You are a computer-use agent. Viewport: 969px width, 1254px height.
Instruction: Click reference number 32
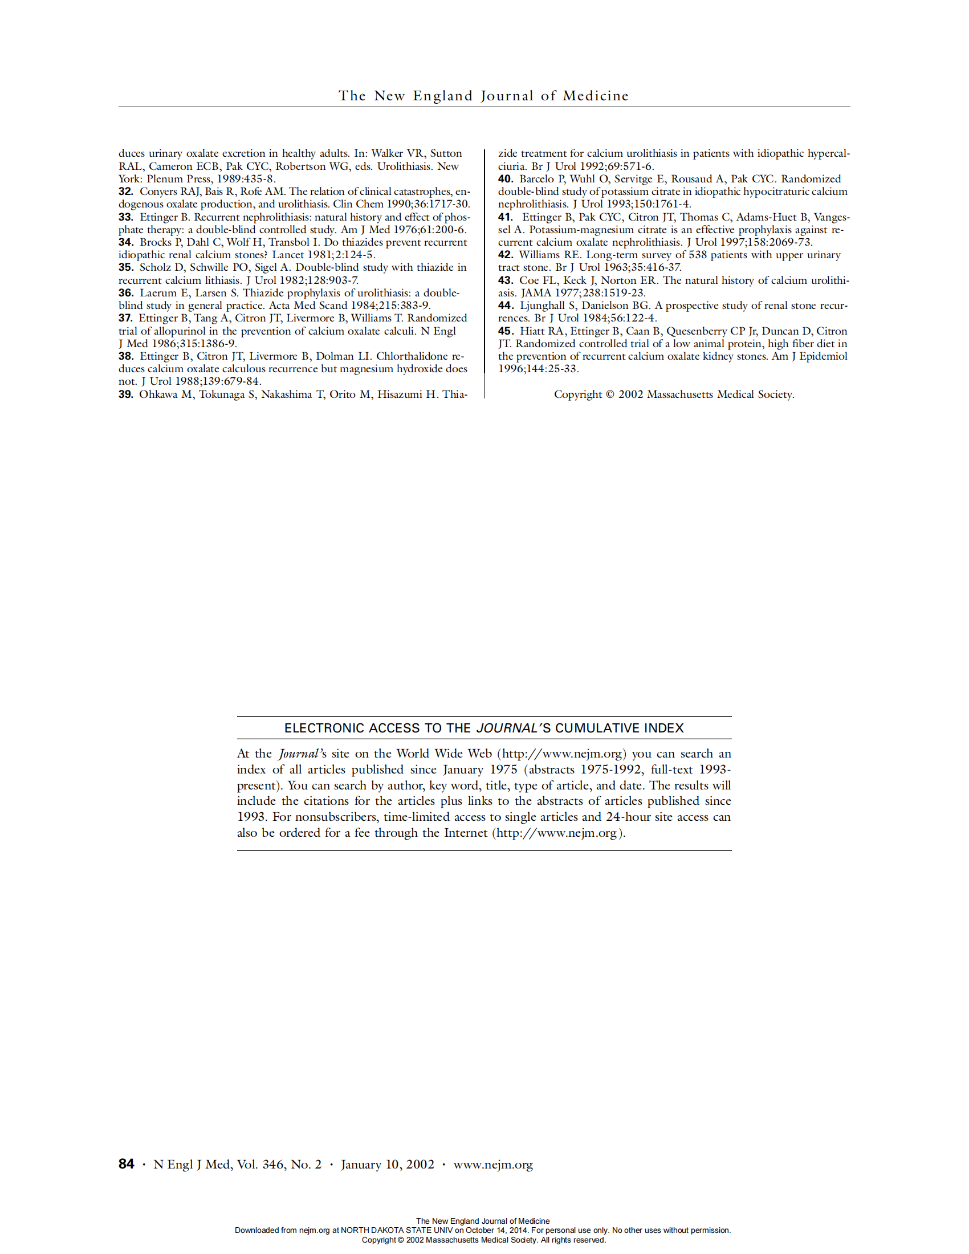(x=126, y=192)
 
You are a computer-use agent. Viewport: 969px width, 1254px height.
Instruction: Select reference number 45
(x=505, y=331)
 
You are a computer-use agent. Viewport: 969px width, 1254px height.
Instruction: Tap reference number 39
(x=126, y=394)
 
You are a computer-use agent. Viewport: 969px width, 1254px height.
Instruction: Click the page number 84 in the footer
(x=127, y=1164)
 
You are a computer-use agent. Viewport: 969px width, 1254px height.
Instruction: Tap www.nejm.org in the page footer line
(x=492, y=1165)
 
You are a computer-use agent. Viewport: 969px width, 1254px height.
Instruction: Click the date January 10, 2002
(x=388, y=1165)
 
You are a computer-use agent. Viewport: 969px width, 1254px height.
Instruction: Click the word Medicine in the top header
(x=595, y=96)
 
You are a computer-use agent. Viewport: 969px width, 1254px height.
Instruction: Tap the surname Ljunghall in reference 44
(x=543, y=306)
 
